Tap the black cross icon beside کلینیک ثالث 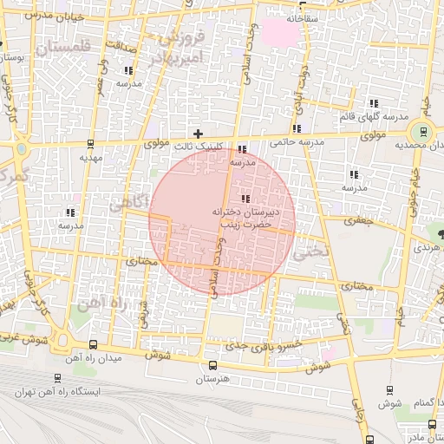(199, 134)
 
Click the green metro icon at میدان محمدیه (422, 132)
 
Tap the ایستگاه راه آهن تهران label (57, 391)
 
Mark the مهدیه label (91, 158)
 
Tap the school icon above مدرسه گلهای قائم (373, 102)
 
